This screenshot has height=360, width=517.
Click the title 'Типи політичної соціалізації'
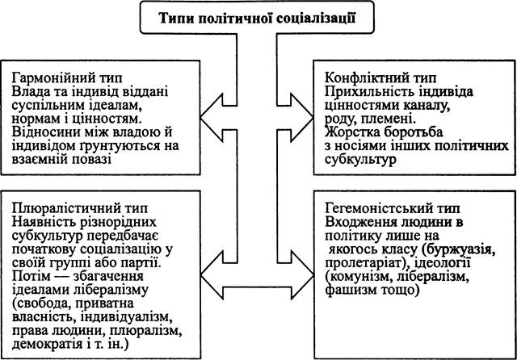pos(257,18)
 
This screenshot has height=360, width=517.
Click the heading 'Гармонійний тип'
pos(67,78)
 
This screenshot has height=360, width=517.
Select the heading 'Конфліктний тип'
pos(380,78)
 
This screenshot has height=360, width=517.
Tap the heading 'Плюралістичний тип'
pos(80,208)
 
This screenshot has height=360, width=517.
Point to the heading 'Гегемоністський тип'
pos(393,208)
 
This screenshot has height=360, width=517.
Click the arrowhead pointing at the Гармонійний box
pos(212,118)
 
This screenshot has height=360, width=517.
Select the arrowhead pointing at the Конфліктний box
pos(301,118)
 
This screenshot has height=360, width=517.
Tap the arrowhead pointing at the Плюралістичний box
pos(212,275)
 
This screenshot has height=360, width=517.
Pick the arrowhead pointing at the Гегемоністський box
pos(302,275)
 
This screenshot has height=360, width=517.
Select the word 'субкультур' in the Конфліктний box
pos(360,160)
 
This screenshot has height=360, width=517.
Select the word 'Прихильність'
pos(366,92)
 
